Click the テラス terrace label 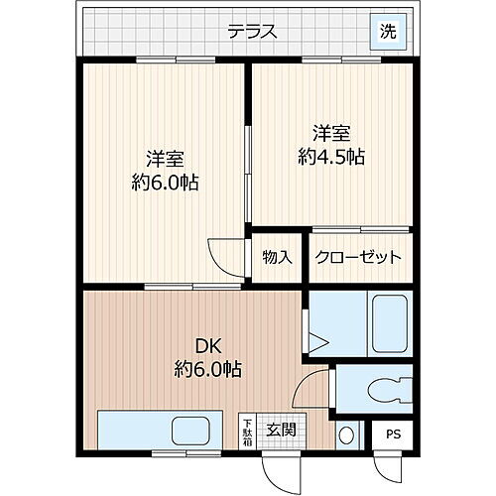click(251, 31)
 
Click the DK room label click(205, 346)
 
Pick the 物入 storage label click(277, 258)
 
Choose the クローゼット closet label click(357, 258)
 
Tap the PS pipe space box click(394, 434)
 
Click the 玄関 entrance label click(281, 430)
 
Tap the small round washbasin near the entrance click(345, 434)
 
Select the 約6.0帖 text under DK click(205, 371)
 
